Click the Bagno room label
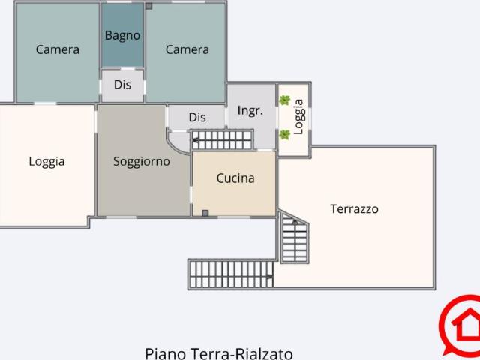122,35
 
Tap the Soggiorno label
142,161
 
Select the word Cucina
235,178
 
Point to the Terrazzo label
354,209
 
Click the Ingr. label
250,110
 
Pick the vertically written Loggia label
298,117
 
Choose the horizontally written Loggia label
46,162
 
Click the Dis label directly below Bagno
122,85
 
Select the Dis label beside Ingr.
197,117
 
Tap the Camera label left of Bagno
58,49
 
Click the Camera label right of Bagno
187,49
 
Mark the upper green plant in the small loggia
285,100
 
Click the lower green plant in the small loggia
285,135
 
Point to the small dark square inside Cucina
205,213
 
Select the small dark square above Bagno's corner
148,6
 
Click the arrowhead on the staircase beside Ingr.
195,140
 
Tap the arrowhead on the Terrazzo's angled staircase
295,222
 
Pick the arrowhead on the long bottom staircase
270,277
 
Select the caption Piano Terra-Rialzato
219,353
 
